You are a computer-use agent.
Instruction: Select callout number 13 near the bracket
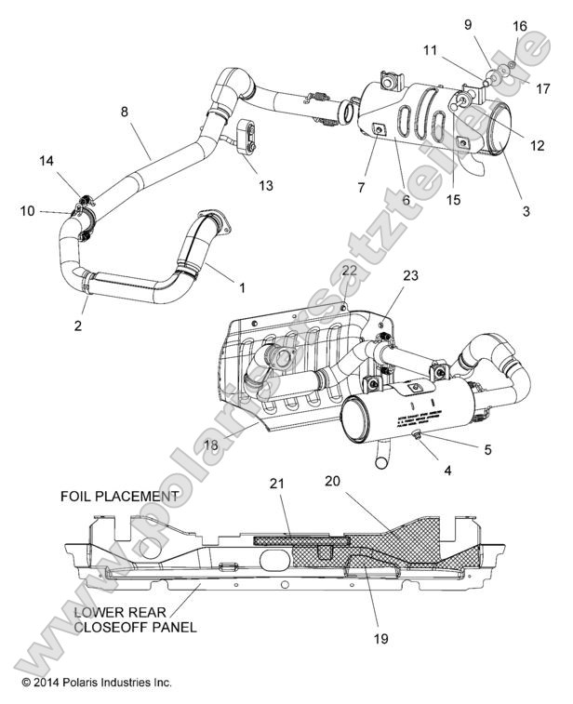(x=266, y=186)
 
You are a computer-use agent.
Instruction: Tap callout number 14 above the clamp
(x=47, y=161)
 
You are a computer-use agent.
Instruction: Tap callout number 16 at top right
(x=520, y=26)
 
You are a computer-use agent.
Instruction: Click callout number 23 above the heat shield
(x=411, y=275)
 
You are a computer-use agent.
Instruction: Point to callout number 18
(x=212, y=445)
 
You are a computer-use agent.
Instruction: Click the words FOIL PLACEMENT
(x=118, y=496)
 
